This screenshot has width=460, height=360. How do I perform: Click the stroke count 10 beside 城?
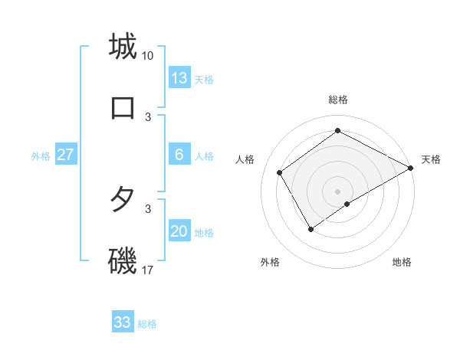pyautogui.click(x=148, y=56)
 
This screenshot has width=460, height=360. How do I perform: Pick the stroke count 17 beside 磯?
pyautogui.click(x=148, y=270)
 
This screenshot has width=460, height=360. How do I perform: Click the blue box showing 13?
pyautogui.click(x=179, y=78)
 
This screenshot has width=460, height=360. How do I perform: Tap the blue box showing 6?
pyautogui.click(x=179, y=155)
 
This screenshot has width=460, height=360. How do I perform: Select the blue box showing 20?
pyautogui.click(x=179, y=231)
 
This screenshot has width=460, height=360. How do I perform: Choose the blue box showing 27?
pyautogui.click(x=66, y=155)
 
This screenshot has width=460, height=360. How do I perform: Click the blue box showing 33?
pyautogui.click(x=123, y=322)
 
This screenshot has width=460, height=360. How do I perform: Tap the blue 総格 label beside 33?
pyautogui.click(x=147, y=324)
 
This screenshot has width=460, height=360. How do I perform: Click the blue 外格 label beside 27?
pyautogui.click(x=41, y=156)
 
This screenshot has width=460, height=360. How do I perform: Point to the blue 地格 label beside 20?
pyautogui.click(x=204, y=233)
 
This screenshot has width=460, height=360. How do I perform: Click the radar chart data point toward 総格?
pyautogui.click(x=337, y=130)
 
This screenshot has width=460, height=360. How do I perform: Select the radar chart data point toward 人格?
pyautogui.click(x=280, y=172)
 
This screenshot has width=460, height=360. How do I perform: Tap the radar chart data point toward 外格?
pyautogui.click(x=310, y=228)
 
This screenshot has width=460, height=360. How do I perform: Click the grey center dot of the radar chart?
pyautogui.click(x=337, y=191)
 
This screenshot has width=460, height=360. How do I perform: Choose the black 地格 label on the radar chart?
pyautogui.click(x=402, y=262)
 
